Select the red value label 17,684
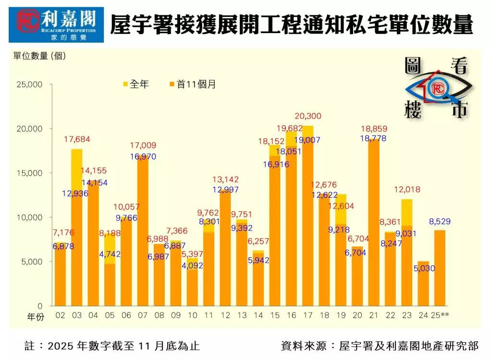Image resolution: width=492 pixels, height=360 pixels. [x=76, y=140]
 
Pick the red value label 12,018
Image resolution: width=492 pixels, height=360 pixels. [x=407, y=190]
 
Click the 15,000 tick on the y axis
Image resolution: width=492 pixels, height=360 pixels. [x=30, y=173]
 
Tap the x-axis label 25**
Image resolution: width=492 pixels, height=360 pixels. [x=441, y=315]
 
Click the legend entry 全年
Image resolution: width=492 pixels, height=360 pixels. [x=136, y=84]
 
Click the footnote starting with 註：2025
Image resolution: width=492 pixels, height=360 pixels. [x=112, y=346]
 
